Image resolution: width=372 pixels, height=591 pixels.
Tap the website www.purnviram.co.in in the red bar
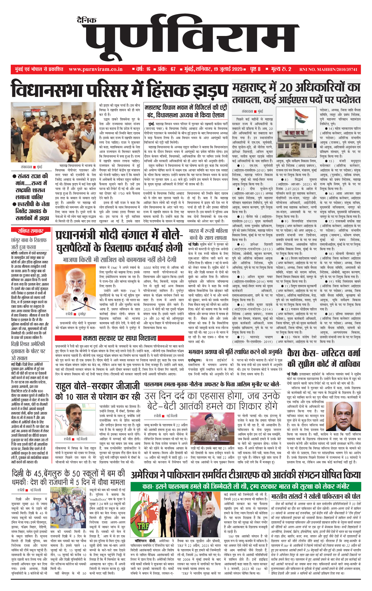pyautogui.click(x=96, y=69)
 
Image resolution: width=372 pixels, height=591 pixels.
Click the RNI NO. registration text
pyautogui.click(x=328, y=70)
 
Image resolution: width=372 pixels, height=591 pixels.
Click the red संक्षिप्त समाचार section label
pyautogui.click(x=30, y=231)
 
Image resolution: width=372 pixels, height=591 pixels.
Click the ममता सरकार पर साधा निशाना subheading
pyautogui.click(x=119, y=338)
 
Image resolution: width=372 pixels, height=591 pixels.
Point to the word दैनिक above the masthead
pyautogui.click(x=87, y=20)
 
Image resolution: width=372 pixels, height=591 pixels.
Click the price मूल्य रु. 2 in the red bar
pyautogui.click(x=281, y=69)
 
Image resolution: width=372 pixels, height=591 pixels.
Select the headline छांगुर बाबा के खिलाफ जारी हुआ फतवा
pyautogui.click(x=29, y=243)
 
